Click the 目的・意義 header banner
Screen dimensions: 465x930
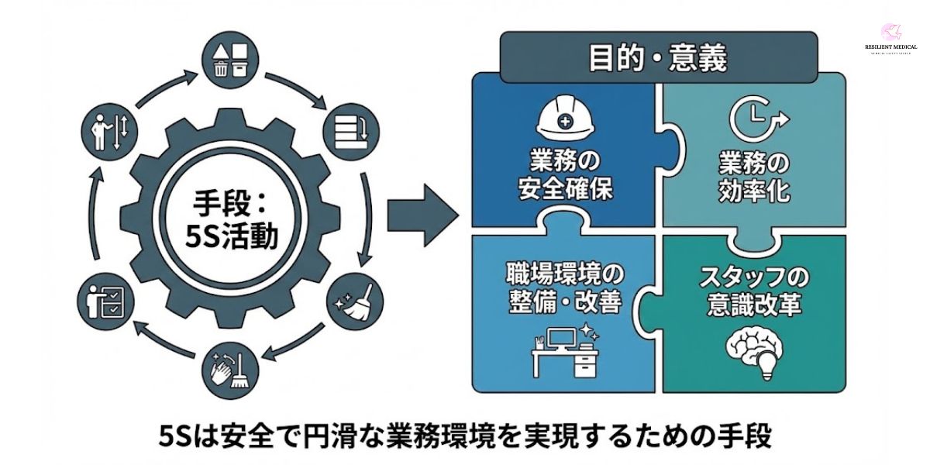pos(657,58)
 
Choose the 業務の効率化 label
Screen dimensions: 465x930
pos(753,176)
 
